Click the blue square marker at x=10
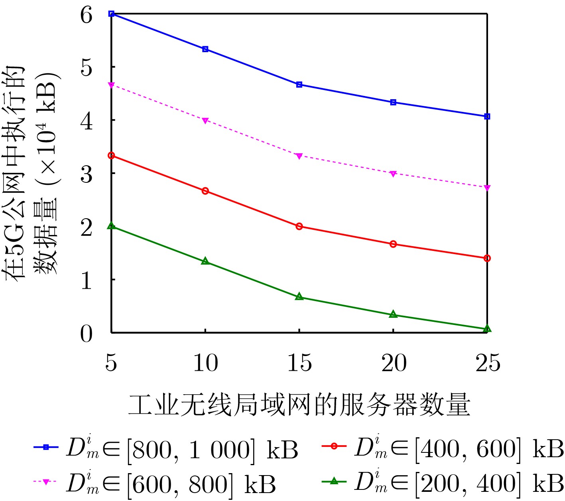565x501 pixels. click(x=205, y=49)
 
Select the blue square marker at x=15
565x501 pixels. click(x=299, y=84)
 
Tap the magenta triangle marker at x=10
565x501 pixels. click(x=205, y=120)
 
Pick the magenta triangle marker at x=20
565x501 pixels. click(x=393, y=174)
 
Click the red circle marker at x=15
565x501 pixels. click(x=299, y=226)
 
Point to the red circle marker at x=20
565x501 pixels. click(x=393, y=244)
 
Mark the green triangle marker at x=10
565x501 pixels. click(x=205, y=261)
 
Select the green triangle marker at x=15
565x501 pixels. click(x=299, y=297)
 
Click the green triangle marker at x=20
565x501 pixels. click(x=393, y=315)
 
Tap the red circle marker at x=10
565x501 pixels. click(x=205, y=191)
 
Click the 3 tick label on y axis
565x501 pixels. click(x=87, y=174)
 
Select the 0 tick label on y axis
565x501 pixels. click(x=87, y=334)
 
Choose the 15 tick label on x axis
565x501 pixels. click(x=299, y=363)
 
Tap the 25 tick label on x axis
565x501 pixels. click(x=487, y=363)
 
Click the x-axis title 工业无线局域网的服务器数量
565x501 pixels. click(x=299, y=405)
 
